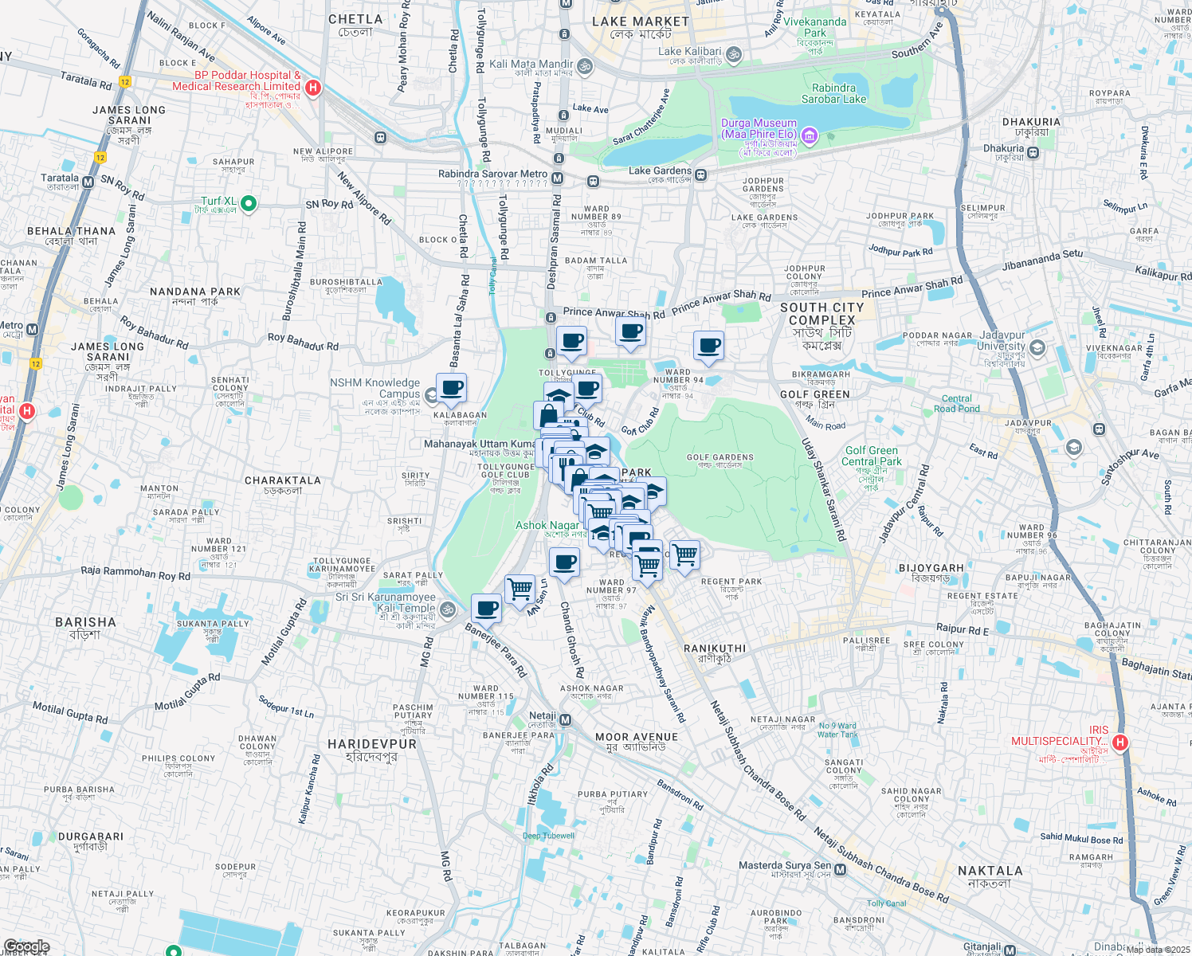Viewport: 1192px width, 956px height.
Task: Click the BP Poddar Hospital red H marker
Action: pos(313,88)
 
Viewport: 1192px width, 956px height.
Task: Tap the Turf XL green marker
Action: pos(248,204)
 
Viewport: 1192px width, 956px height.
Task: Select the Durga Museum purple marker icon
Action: pos(810,135)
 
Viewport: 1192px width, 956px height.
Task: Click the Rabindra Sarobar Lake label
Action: pos(833,94)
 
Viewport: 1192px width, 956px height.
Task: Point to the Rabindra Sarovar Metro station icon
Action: pos(558,178)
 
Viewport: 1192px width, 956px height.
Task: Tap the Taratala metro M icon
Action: pos(88,182)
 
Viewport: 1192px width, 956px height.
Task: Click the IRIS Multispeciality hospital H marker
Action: pos(1120,742)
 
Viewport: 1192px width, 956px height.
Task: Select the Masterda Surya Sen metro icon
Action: pos(840,869)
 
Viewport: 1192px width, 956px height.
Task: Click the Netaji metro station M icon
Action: pos(565,720)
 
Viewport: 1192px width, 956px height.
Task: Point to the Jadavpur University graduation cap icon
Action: pos(1037,347)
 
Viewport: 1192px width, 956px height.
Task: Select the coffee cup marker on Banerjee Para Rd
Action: pos(486,609)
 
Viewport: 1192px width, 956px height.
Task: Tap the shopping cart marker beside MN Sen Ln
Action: pos(520,590)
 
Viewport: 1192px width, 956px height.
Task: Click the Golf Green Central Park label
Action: pos(871,456)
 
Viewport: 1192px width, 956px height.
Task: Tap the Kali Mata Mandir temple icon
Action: pos(584,65)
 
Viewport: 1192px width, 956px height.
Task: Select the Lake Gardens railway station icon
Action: pos(700,175)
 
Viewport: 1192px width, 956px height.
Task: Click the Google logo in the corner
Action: pos(27,946)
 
